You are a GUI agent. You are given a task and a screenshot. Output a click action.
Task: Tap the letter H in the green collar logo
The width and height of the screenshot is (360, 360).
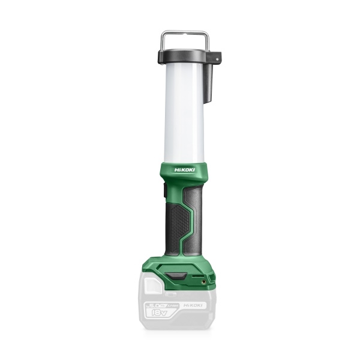tap(176, 170)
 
